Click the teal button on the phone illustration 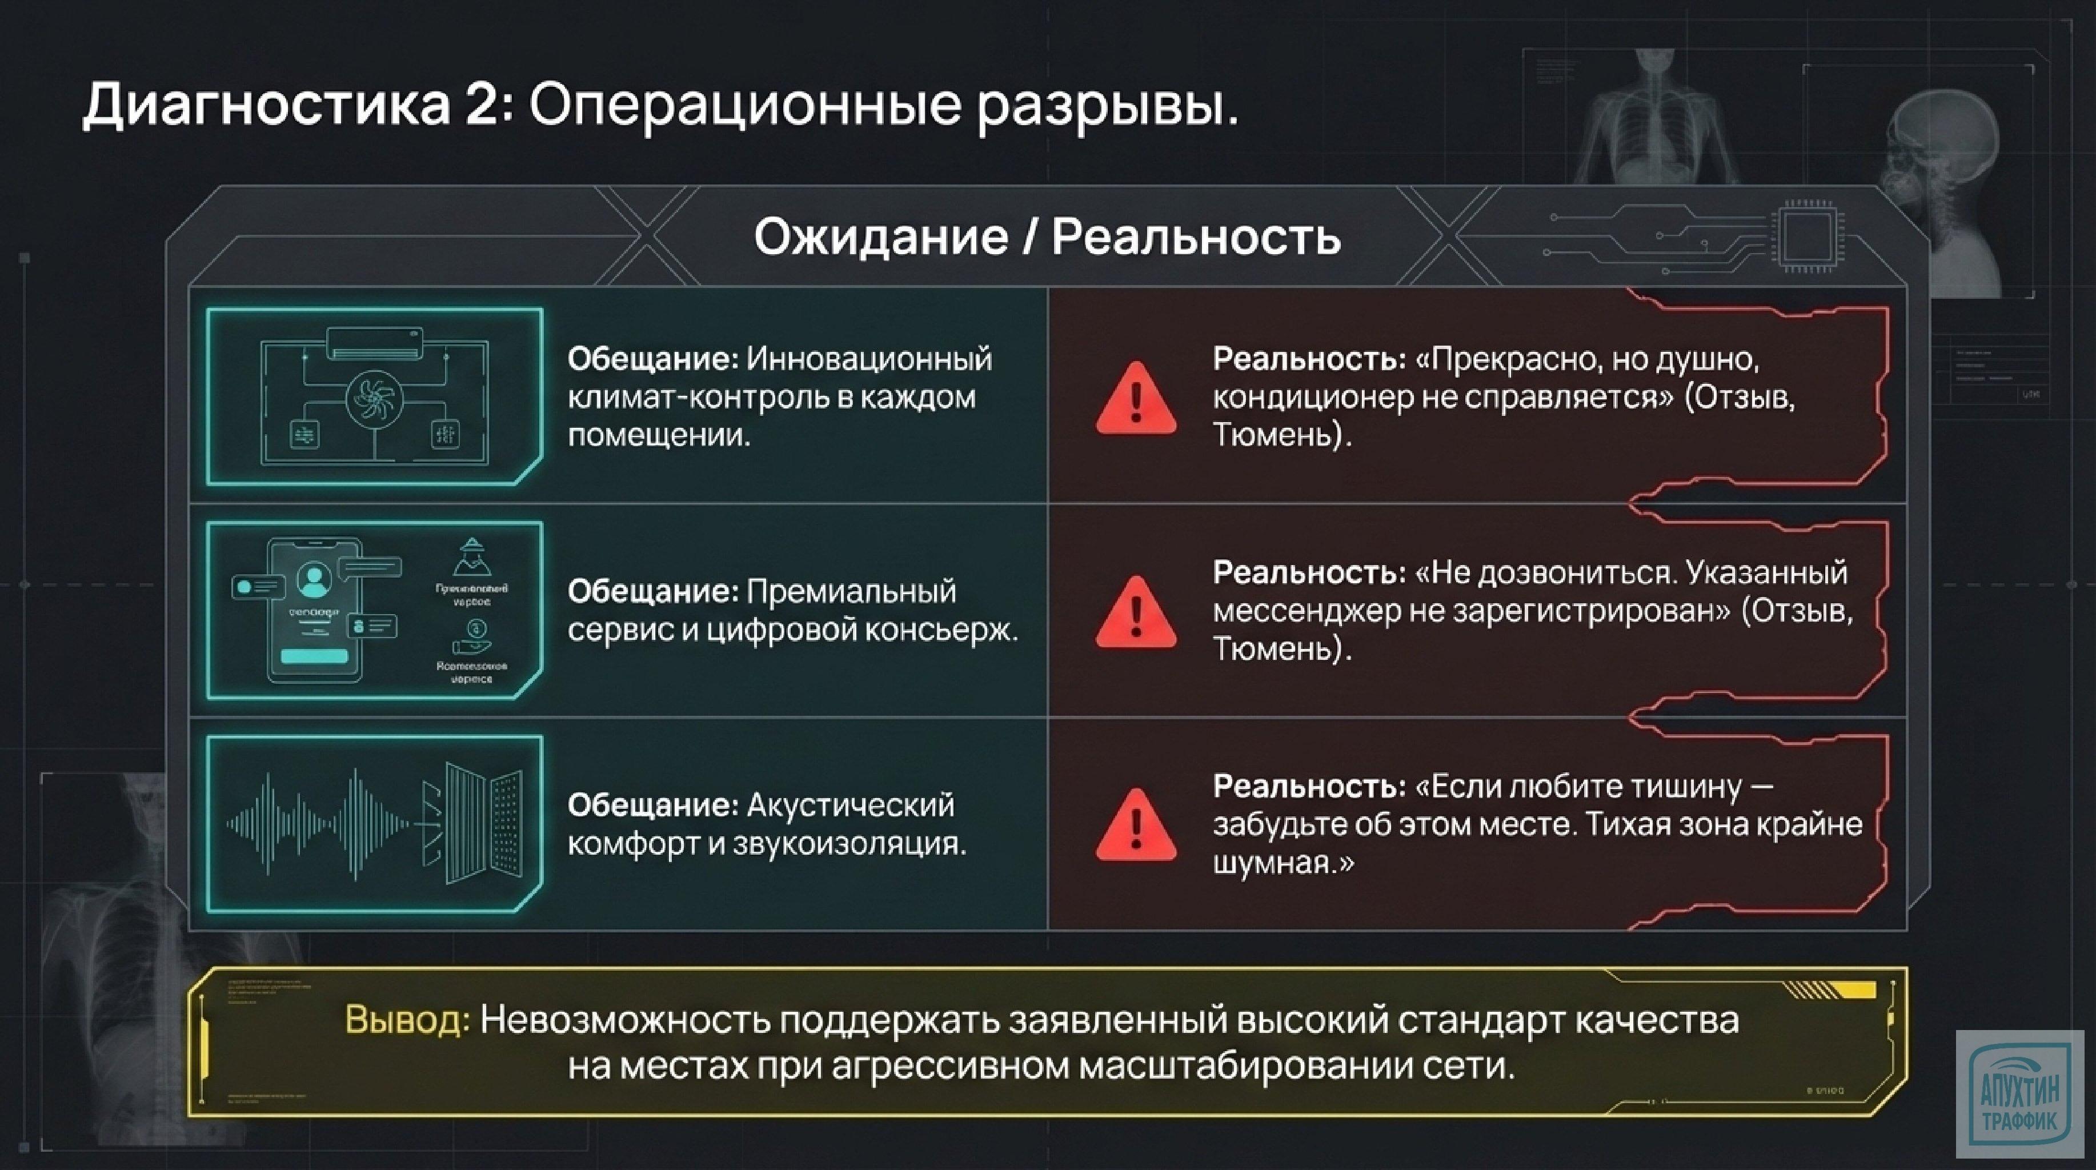314,656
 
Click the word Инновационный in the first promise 869,359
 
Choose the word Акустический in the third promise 849,806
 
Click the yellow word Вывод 407,1020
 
